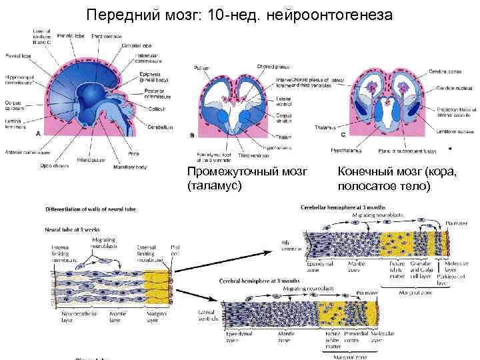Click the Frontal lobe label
tap(15, 56)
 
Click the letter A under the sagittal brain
tap(39, 133)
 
